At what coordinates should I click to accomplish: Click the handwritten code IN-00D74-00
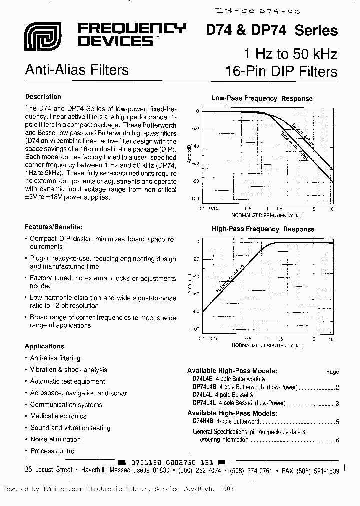coord(260,10)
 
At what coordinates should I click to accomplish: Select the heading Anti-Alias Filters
coord(77,70)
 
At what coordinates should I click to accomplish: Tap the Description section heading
coord(43,97)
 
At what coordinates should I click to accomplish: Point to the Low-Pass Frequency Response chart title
coord(262,99)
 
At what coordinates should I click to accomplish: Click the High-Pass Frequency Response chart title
coord(263,229)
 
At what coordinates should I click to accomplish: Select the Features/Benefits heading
coord(53,227)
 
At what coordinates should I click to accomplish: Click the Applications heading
coord(44,346)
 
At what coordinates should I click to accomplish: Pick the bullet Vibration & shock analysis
coord(69,370)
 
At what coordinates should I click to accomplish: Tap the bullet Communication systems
coord(66,405)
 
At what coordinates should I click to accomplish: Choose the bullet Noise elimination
coord(55,439)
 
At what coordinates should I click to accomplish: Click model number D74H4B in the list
coord(203,421)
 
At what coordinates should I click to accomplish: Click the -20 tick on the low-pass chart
coord(195,128)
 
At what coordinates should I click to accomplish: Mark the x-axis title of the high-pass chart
coord(267,345)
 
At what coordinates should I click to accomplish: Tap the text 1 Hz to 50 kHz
coord(290,54)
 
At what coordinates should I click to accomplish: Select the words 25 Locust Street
coord(48,471)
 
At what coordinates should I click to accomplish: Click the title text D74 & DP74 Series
coord(272,30)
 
